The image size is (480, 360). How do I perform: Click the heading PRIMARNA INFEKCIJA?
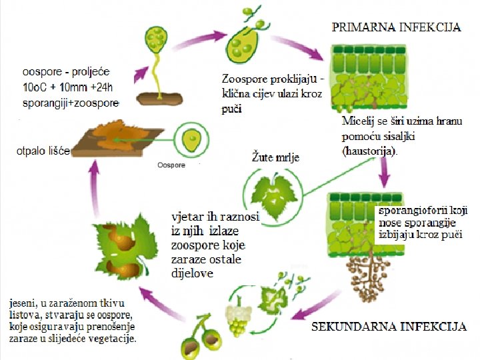pyautogui.click(x=396, y=27)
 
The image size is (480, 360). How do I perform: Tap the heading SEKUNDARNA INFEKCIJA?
pyautogui.click(x=389, y=327)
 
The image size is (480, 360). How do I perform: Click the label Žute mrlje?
pyautogui.click(x=275, y=158)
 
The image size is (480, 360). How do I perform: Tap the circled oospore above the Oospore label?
pyautogui.click(x=191, y=141)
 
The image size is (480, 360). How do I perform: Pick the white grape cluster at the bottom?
pyautogui.click(x=237, y=319)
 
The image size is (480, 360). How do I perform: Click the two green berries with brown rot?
pyautogui.click(x=201, y=341)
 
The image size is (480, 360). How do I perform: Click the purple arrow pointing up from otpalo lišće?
pyautogui.click(x=94, y=190)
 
